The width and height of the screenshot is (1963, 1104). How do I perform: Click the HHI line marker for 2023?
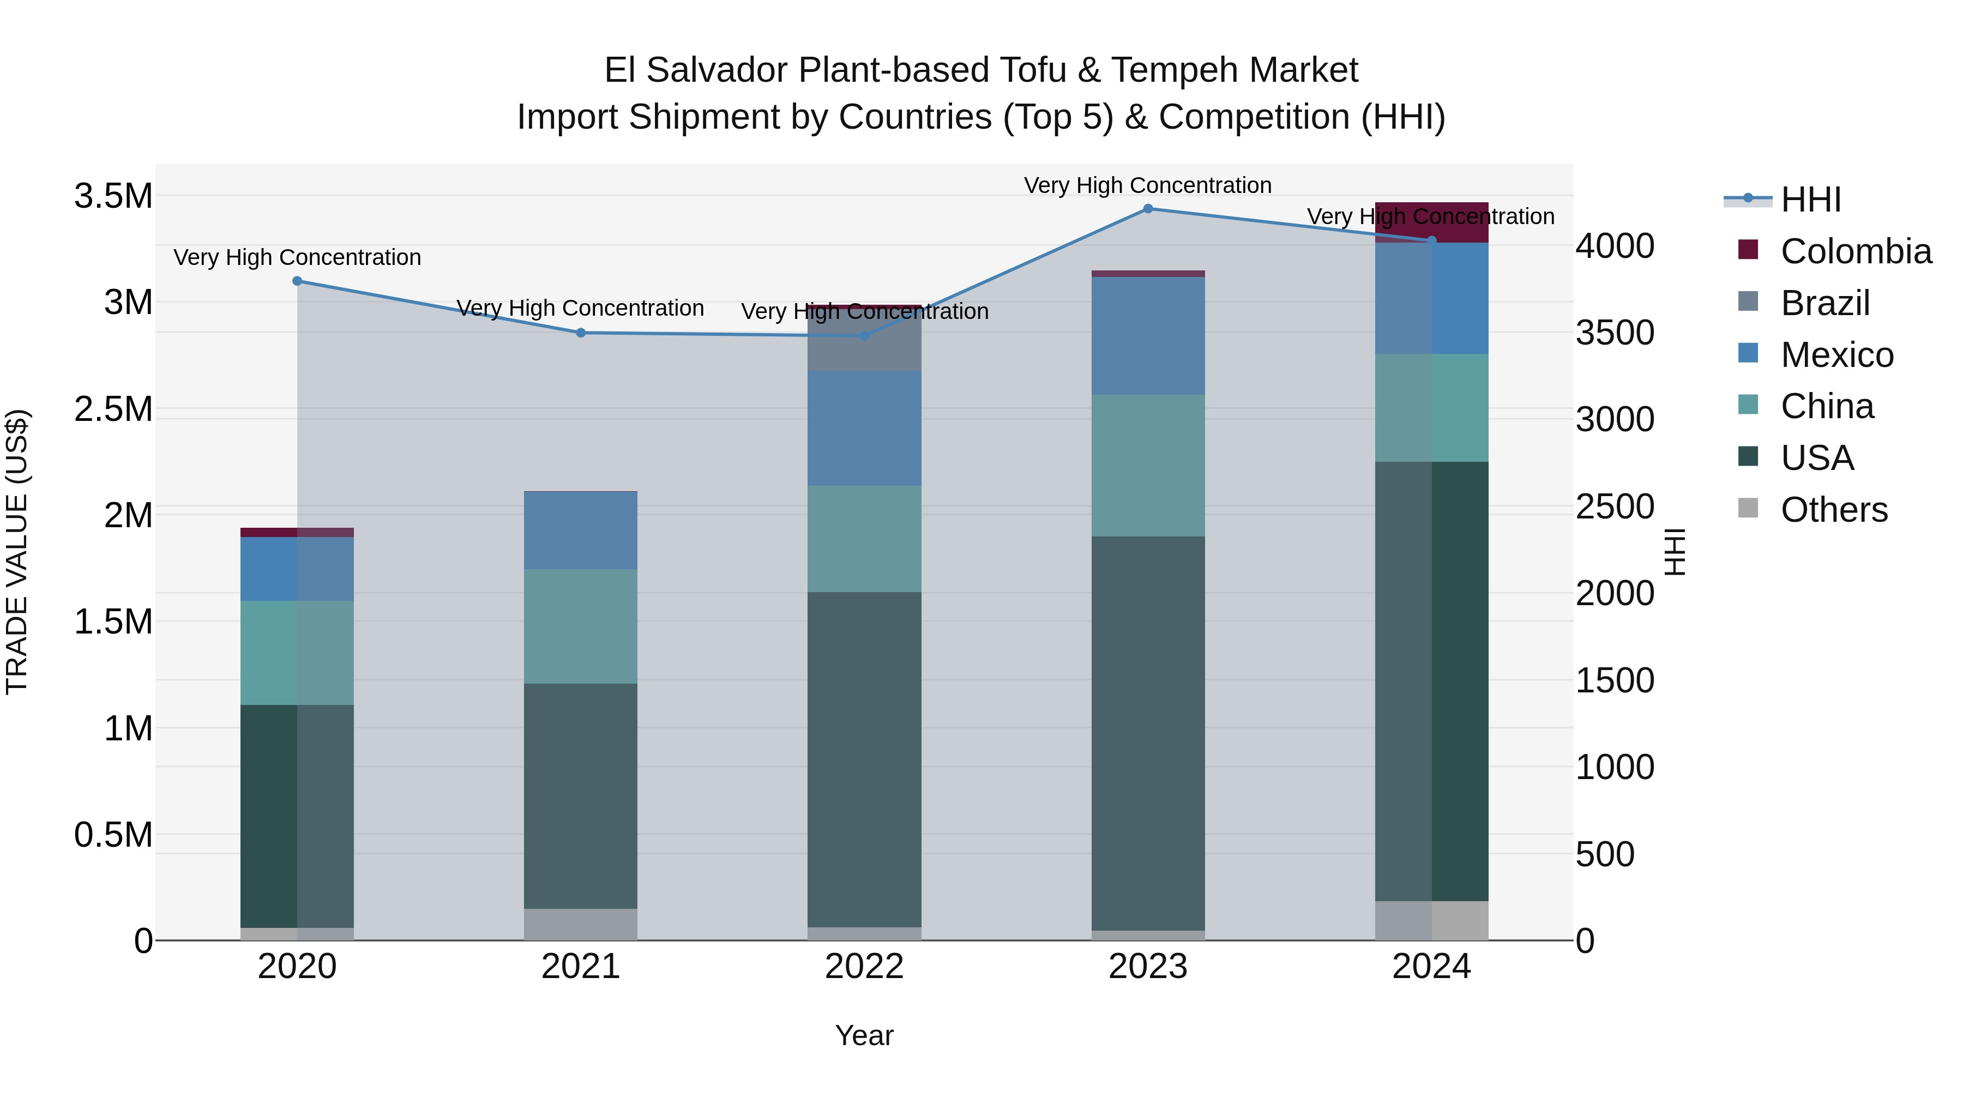pos(1148,209)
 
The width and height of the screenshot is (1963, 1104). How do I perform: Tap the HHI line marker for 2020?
pos(297,281)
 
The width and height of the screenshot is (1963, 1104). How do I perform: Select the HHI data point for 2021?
pos(581,333)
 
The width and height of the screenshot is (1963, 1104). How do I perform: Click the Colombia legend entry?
pos(1855,251)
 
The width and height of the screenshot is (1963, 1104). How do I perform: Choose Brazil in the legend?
pos(1824,303)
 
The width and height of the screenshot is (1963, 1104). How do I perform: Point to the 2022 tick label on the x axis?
pos(864,967)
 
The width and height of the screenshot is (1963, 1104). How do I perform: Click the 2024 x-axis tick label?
pos(1431,967)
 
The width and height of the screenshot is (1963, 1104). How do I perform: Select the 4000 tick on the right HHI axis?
pos(1615,246)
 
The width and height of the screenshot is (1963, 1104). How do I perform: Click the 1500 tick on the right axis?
pos(1615,680)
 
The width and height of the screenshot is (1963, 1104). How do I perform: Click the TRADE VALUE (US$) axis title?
pos(17,552)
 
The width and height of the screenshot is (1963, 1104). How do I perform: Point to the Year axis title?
pos(864,1035)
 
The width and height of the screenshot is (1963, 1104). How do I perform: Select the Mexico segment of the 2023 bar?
pos(1148,335)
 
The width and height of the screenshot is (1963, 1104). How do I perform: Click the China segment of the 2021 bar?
pos(581,626)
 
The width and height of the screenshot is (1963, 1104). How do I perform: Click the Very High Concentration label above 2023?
pos(1148,185)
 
